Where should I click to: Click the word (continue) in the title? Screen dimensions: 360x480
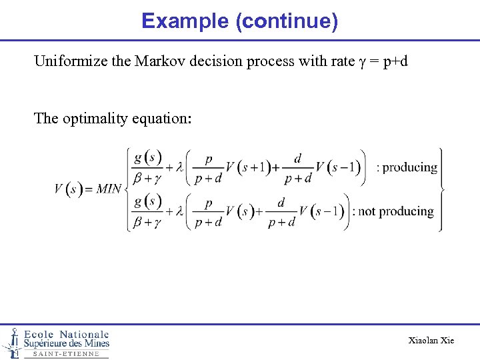[287, 21]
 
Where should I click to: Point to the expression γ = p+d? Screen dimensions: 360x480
[383, 62]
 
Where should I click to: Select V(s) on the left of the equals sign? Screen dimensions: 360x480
[69, 189]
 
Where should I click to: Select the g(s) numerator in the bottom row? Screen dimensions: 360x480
[147, 201]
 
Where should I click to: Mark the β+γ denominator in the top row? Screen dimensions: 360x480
[147, 178]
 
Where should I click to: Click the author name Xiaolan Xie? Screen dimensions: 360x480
[431, 341]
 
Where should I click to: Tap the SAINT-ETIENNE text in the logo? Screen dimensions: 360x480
[65, 354]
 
